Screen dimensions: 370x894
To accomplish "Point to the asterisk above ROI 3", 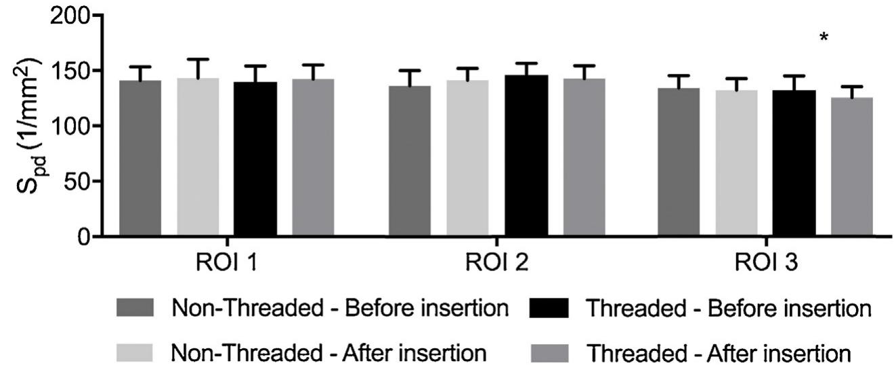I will (x=824, y=38).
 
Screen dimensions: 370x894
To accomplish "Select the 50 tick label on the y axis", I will (x=74, y=181).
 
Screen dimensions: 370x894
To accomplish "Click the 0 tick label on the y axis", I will (x=82, y=237).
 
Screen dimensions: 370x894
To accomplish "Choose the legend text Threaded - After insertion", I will (x=717, y=352).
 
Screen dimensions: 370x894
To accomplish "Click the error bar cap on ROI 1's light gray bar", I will (x=198, y=59).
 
